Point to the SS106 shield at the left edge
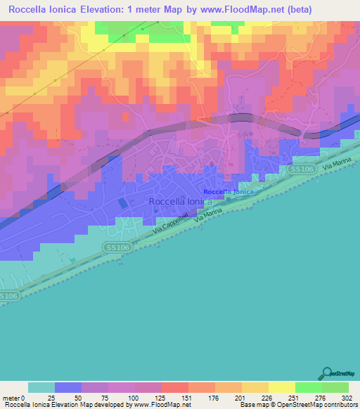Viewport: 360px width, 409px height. click(7, 297)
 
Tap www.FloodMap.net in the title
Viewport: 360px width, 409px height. click(228, 10)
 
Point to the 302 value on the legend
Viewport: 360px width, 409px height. click(347, 398)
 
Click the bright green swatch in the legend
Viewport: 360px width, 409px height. click(308, 387)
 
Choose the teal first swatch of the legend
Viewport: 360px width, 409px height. click(41, 387)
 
